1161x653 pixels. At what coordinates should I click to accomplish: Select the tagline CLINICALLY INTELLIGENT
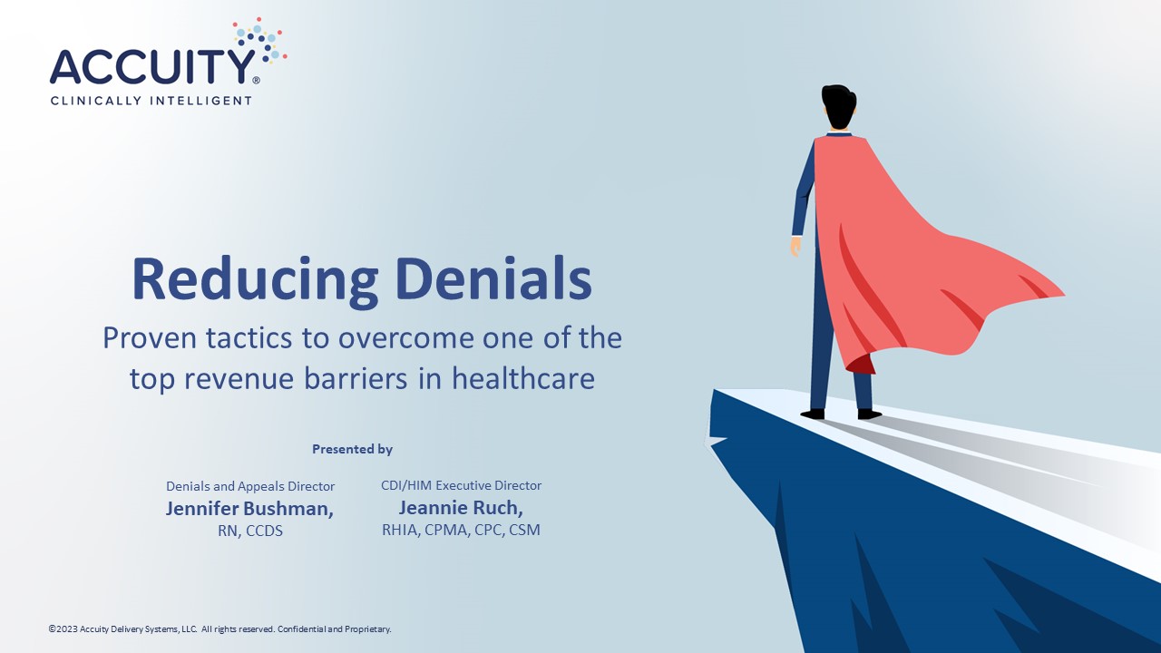click(151, 101)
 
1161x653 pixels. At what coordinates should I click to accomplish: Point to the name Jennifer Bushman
click(249, 509)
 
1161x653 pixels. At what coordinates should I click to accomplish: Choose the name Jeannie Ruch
click(461, 507)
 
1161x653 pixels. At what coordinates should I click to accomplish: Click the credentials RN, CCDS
click(250, 531)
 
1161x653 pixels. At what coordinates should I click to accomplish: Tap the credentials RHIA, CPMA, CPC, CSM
click(461, 531)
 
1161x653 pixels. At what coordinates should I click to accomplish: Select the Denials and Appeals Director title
click(250, 486)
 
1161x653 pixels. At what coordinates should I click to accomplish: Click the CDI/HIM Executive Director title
click(461, 485)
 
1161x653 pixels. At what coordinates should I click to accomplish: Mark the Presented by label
click(352, 449)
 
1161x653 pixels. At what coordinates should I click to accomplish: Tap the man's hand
click(795, 246)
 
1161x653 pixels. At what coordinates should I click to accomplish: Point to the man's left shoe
click(812, 414)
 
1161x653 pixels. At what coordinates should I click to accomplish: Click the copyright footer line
click(220, 629)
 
